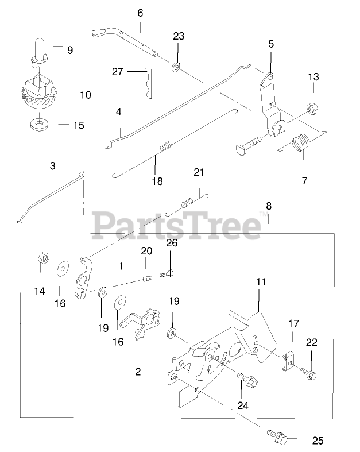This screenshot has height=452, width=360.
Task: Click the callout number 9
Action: coord(69,50)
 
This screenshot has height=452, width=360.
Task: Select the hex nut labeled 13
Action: coord(313,107)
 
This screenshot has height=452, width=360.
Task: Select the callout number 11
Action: coord(261,282)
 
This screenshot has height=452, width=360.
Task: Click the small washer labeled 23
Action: coord(176,65)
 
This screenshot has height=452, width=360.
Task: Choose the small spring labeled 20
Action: coord(148,279)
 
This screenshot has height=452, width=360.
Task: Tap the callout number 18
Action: coord(157,181)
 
